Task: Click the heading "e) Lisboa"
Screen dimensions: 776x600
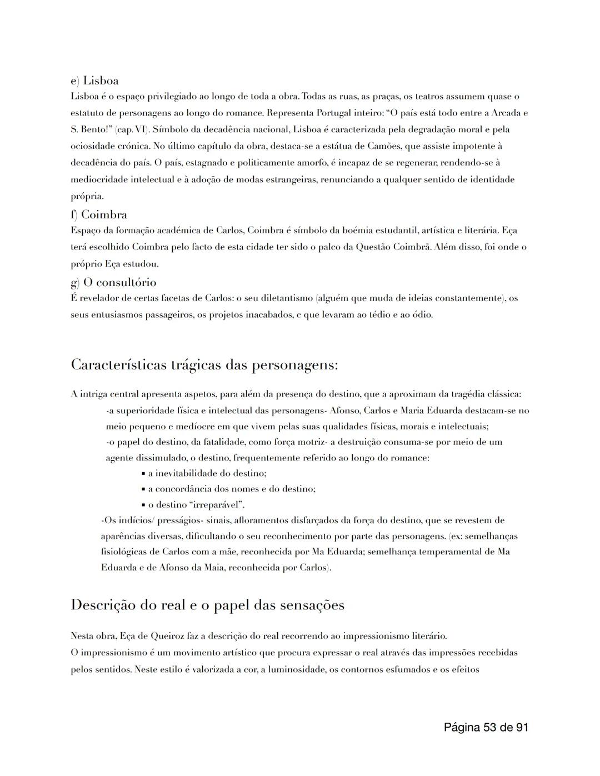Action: point(94,81)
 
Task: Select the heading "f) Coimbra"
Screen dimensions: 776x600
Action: point(99,215)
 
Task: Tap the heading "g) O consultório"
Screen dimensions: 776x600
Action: point(113,282)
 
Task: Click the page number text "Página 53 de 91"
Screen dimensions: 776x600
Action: point(486,727)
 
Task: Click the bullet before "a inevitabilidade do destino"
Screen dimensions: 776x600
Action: point(144,474)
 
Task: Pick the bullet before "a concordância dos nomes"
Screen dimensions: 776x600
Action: point(144,489)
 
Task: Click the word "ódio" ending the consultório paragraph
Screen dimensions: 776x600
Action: point(422,315)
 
